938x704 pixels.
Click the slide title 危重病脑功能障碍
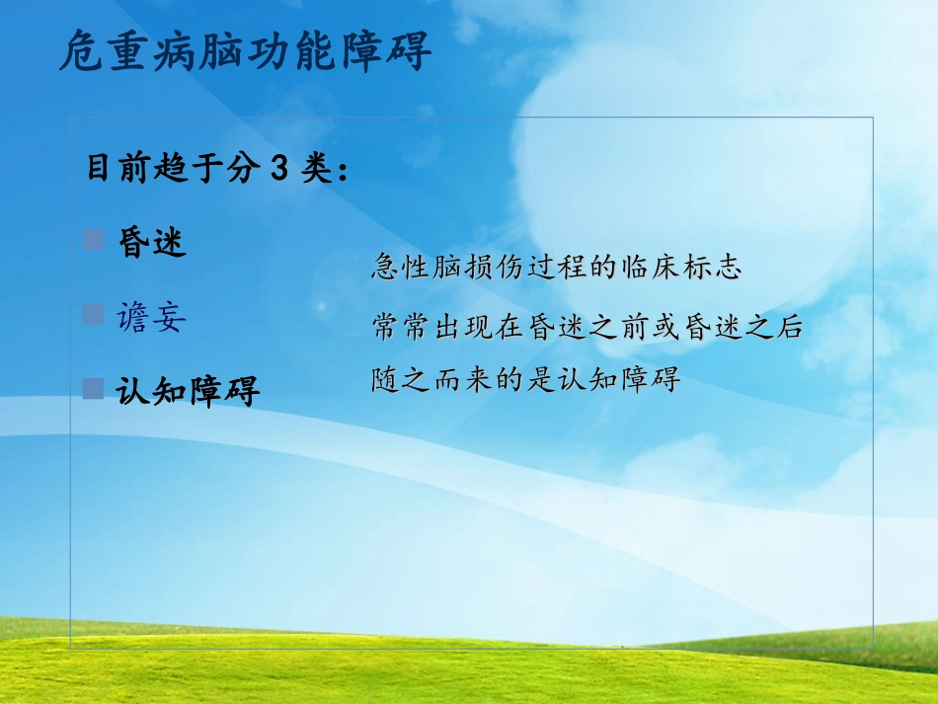pos(245,52)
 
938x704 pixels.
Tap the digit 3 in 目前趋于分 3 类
pos(279,170)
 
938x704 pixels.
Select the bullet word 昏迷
pos(152,243)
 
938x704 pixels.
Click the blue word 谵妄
pos(150,317)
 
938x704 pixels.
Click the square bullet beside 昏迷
pos(94,240)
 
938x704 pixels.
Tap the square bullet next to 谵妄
pos(94,315)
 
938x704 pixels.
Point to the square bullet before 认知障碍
pos(94,389)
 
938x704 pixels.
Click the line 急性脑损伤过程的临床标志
pos(556,268)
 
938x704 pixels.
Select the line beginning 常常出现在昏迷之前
pos(587,327)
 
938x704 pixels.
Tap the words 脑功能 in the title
pos(245,52)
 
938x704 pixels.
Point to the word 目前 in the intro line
pos(110,170)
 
